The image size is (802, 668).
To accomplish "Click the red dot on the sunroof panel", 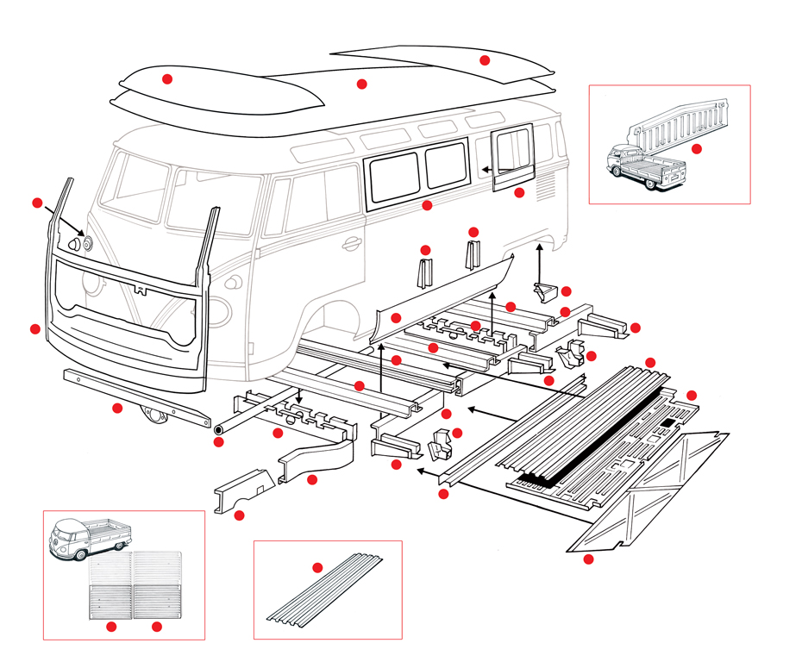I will click(485, 59).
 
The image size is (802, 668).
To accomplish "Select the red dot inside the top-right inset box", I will click(697, 148).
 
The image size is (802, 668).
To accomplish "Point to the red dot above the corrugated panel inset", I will click(317, 567).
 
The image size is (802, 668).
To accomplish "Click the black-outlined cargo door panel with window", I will click(511, 156).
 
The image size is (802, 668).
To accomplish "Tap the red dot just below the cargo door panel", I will click(519, 193).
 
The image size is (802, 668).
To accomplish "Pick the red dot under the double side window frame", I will click(427, 205).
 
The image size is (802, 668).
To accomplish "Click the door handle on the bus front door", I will click(351, 243).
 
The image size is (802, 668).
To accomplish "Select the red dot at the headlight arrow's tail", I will click(37, 203).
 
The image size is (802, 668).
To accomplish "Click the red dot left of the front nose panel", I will click(35, 328).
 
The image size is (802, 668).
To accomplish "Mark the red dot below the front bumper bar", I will click(117, 408).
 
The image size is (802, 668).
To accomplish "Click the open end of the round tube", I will click(218, 428).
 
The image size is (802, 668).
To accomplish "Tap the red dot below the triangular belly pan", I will click(589, 559).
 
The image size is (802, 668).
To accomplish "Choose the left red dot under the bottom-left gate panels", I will click(111, 627).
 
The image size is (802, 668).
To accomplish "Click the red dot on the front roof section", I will click(167, 78).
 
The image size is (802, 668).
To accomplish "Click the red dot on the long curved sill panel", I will click(396, 318).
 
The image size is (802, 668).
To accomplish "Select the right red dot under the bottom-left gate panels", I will click(157, 627).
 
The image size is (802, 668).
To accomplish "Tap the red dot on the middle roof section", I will click(362, 84).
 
